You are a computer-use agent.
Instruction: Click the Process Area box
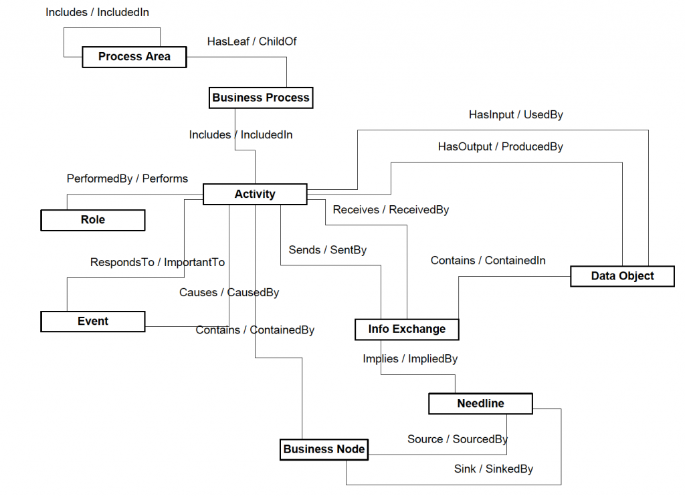click(134, 57)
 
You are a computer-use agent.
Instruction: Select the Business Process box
click(261, 98)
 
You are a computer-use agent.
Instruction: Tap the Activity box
click(254, 195)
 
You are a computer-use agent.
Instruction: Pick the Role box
click(93, 220)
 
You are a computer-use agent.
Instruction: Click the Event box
click(93, 322)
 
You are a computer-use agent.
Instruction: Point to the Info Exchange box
click(407, 329)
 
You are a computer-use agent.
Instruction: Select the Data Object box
click(622, 276)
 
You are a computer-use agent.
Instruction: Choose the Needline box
click(480, 404)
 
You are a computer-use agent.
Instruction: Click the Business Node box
click(324, 449)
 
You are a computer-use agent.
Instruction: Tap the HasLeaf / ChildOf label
click(252, 41)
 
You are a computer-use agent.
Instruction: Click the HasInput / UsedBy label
click(516, 115)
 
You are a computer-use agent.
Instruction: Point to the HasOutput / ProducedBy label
click(500, 146)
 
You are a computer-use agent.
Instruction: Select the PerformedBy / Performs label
click(127, 178)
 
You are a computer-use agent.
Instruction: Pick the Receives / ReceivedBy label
click(391, 210)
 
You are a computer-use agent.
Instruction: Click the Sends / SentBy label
click(328, 250)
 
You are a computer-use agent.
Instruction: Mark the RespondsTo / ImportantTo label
click(157, 262)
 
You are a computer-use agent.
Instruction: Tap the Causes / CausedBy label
click(229, 293)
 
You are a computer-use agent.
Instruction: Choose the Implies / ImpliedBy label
click(410, 359)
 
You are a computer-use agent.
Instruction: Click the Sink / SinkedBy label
click(494, 469)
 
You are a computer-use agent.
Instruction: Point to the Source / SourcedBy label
click(458, 439)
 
